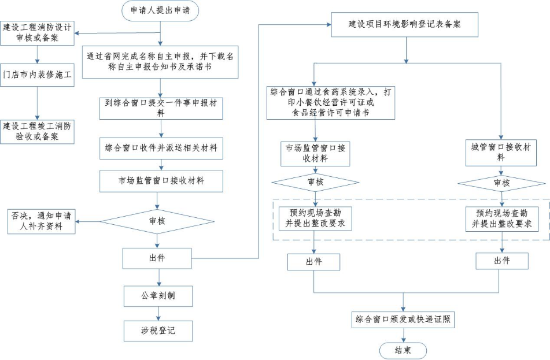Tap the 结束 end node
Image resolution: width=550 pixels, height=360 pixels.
tap(403, 351)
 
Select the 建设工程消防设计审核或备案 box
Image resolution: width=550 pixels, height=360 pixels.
tap(38, 32)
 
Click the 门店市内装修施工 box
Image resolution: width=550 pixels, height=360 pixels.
tap(38, 75)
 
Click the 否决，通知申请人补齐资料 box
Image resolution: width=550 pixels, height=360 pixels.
tap(42, 221)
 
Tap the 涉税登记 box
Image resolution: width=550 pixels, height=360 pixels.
tap(157, 331)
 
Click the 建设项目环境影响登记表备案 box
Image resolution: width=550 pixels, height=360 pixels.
tap(404, 25)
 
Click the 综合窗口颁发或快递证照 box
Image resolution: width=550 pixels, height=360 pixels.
tap(403, 319)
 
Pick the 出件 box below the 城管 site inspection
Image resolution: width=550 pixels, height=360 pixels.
tap(502, 261)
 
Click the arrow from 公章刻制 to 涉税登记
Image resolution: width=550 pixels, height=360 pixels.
tap(157, 313)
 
